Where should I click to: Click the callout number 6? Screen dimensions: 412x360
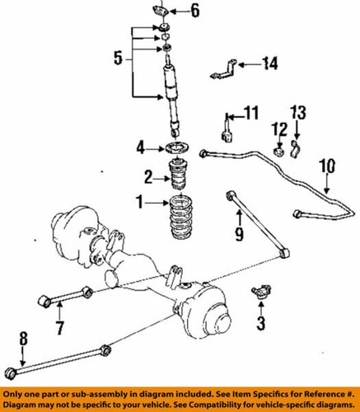[x=194, y=11]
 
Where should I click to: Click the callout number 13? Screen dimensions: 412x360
[x=299, y=111]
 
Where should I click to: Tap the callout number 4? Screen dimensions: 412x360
[x=141, y=148]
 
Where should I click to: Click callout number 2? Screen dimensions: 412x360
[x=148, y=176]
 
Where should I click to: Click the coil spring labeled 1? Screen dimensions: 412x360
[x=179, y=221]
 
